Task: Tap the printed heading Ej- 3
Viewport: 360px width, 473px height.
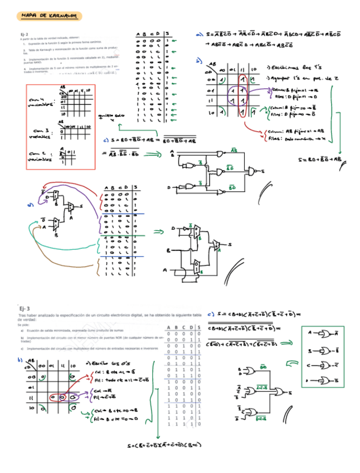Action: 25,308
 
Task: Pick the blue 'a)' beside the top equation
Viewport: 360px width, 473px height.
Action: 199,35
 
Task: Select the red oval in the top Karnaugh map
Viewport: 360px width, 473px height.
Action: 243,95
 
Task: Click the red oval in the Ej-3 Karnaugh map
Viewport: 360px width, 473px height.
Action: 60,398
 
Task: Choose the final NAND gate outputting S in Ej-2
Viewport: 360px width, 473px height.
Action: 255,171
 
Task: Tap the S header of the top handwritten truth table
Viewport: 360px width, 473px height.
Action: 168,35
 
